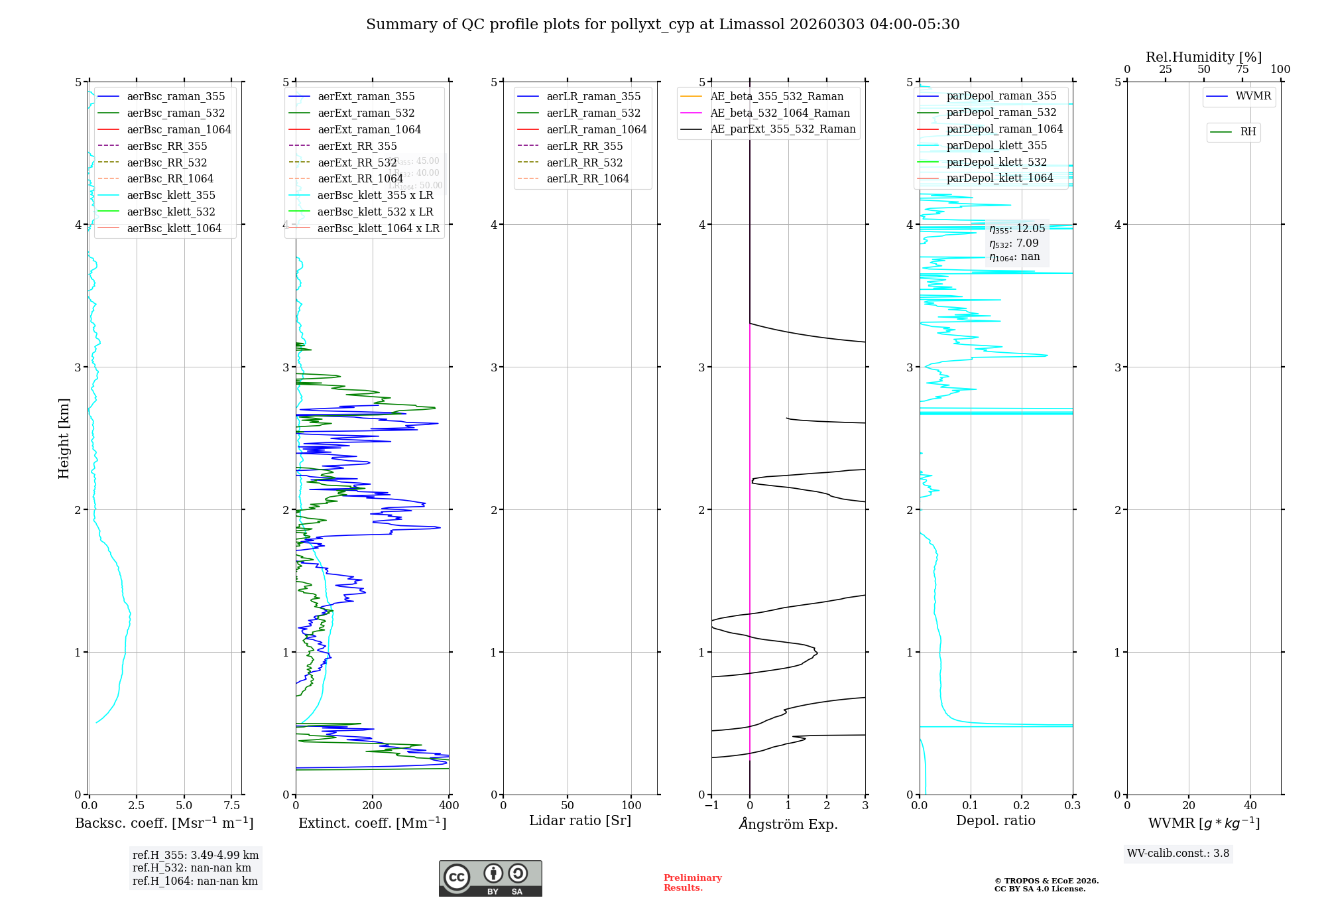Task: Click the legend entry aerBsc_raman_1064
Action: click(179, 129)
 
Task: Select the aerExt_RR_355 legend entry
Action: click(357, 146)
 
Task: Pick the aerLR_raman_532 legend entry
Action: click(593, 113)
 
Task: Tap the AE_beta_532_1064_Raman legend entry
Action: click(780, 113)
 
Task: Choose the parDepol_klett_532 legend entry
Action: click(996, 162)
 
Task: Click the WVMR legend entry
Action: click(1253, 96)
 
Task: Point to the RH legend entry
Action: click(1248, 132)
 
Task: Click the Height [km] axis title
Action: click(64, 438)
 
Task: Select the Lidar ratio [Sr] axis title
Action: click(580, 820)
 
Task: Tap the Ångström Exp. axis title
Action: click(788, 824)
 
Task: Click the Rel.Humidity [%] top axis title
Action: click(1203, 57)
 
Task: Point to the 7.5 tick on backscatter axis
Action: click(231, 805)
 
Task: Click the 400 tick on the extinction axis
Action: click(449, 805)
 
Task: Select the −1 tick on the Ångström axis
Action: click(711, 805)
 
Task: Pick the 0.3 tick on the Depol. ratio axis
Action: click(1072, 805)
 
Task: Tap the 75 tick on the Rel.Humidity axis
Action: click(1242, 70)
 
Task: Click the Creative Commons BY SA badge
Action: click(490, 878)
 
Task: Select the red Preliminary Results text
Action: click(692, 882)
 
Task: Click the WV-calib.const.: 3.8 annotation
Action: click(1177, 853)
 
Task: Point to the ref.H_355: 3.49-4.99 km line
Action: click(196, 855)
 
